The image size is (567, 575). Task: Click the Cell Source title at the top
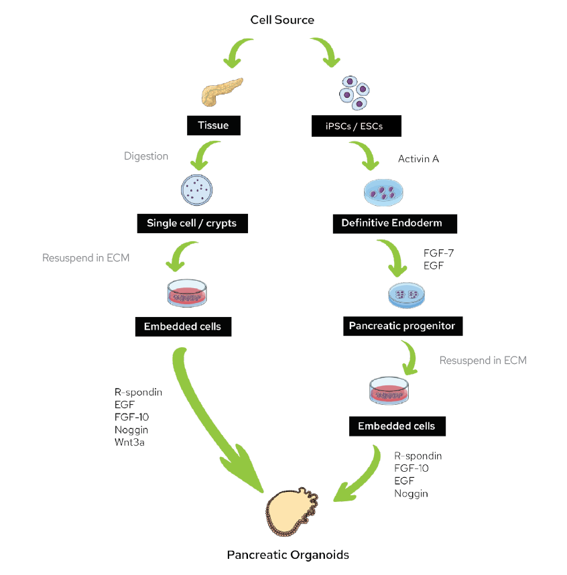[282, 19]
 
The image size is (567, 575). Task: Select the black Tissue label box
[213, 125]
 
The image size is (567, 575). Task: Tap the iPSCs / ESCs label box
[357, 125]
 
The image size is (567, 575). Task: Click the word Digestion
[146, 156]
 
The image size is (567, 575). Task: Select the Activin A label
[419, 159]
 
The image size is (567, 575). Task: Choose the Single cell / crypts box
[192, 223]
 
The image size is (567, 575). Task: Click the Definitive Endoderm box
[395, 223]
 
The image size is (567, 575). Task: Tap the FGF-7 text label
[437, 254]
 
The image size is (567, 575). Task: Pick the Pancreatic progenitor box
[401, 326]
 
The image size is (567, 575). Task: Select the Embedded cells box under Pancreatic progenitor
[396, 426]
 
